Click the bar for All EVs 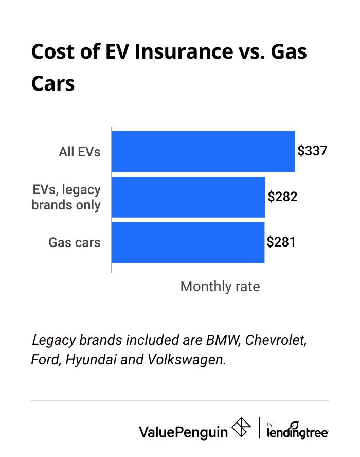[203, 151]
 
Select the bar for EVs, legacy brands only [188, 197]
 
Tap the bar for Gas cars [188, 242]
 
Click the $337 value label [312, 151]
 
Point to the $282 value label [282, 197]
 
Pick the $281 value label [281, 242]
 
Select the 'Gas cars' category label [75, 242]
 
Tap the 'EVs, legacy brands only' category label [66, 197]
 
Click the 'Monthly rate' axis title [220, 287]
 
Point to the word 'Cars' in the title [53, 83]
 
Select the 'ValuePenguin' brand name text [183, 431]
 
